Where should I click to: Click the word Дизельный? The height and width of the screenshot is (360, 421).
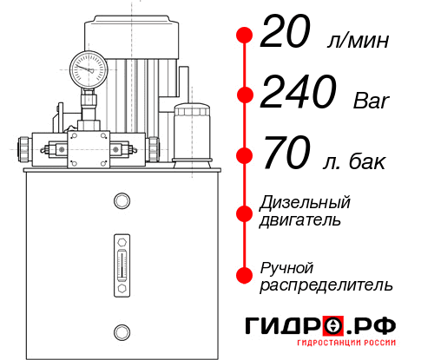pyautogui.click(x=305, y=202)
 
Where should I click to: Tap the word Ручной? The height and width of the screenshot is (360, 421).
pyautogui.click(x=286, y=267)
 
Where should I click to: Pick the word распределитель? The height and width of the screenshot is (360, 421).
pyautogui.click(x=326, y=285)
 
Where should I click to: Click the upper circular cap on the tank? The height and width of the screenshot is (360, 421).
pyautogui.click(x=122, y=202)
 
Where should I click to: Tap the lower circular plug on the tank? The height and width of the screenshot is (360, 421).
pyautogui.click(x=122, y=331)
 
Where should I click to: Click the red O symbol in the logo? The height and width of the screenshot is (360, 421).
pyautogui.click(x=335, y=326)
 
